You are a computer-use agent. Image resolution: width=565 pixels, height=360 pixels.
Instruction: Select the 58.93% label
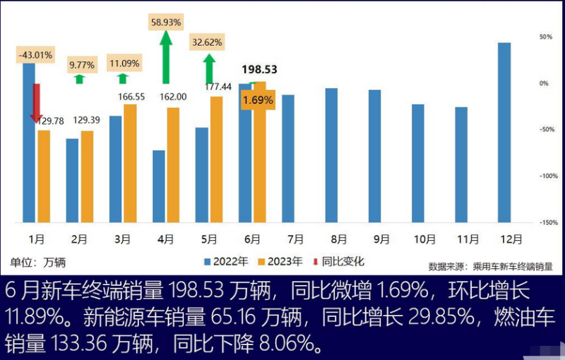point(166,23)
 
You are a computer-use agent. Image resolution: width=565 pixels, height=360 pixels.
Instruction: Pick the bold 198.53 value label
point(259,69)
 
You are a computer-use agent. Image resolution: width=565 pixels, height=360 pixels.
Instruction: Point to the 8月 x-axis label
point(338,239)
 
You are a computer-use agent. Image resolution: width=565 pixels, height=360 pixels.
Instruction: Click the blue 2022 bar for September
point(374,155)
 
